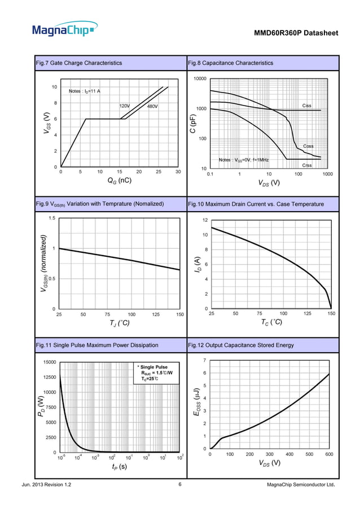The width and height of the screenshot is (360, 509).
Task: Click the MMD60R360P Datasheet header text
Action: tap(297, 34)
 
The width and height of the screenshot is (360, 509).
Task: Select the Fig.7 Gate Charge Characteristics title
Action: tap(78, 63)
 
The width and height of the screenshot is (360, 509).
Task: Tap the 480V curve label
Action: tap(152, 106)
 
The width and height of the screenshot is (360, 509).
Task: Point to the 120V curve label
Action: tap(124, 106)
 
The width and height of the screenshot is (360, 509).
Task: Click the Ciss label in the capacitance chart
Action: tap(307, 106)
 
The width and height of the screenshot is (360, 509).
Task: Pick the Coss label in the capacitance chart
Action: tap(309, 146)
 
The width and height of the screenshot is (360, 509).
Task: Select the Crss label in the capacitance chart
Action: tap(307, 165)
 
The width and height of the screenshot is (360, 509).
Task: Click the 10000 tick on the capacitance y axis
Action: tap(199, 78)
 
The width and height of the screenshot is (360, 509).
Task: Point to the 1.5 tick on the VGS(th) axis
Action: tap(51, 218)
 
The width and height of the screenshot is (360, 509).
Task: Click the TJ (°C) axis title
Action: tap(119, 323)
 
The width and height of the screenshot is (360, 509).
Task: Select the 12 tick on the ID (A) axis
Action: tap(205, 220)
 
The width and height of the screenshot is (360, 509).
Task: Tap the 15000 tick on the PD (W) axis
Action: tap(46, 362)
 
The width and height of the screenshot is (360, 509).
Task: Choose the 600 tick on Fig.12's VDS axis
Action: tap(329, 454)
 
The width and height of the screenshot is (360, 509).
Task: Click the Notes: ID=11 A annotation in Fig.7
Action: tap(85, 91)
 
